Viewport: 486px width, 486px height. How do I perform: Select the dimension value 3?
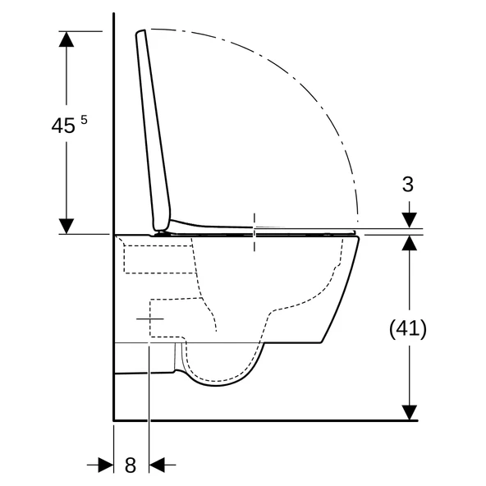[x=407, y=184]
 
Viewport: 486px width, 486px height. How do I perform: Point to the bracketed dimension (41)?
[x=407, y=328]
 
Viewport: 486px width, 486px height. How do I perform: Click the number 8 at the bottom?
[x=130, y=465]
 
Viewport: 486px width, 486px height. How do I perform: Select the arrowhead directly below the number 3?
[x=408, y=220]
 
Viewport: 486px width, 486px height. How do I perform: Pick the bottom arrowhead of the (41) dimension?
[x=408, y=411]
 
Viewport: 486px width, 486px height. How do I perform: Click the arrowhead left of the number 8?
[x=105, y=465]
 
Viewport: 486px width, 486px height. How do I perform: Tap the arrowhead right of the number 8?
[x=157, y=465]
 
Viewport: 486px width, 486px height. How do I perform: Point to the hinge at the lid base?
[x=164, y=230]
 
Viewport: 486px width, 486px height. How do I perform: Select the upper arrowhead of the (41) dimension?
[x=408, y=242]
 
